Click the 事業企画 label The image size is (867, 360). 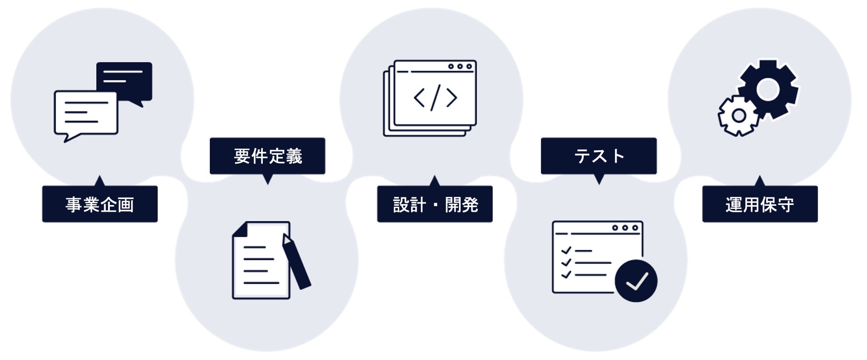(100, 204)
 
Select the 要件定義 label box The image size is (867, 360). (267, 156)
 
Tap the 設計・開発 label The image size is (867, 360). (435, 204)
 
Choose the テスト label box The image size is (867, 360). (598, 156)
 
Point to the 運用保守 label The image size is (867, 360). (759, 204)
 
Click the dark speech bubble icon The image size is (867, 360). (125, 81)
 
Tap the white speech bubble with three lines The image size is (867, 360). (85, 113)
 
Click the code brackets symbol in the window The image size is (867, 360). (435, 97)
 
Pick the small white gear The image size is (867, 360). (739, 116)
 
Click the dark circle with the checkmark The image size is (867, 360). (636, 281)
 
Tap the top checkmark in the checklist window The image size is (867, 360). (566, 251)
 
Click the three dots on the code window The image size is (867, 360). (460, 67)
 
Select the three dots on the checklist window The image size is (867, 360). (625, 228)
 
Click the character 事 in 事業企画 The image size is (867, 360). (73, 204)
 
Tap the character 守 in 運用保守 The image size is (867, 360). (786, 204)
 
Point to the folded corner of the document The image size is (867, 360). (240, 229)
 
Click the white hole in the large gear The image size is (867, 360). (768, 90)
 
